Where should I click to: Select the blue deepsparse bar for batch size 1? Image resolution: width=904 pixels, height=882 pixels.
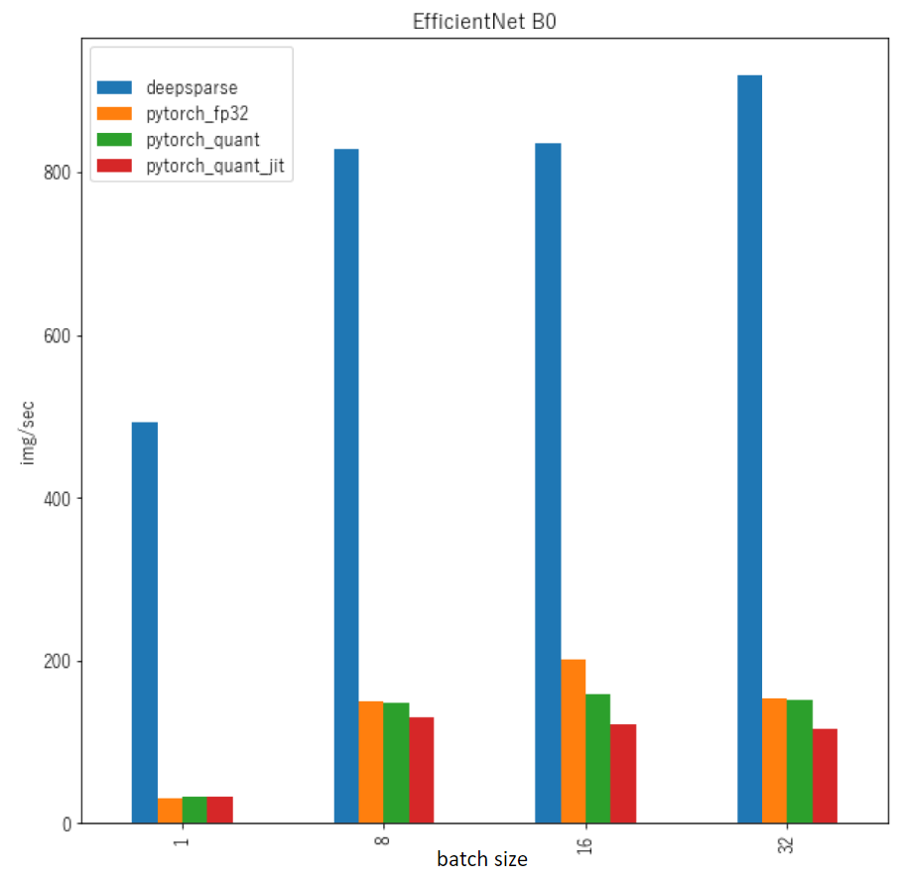[145, 622]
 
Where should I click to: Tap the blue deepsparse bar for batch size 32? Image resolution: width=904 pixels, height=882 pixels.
[749, 448]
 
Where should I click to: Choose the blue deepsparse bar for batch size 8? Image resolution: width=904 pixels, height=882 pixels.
[346, 486]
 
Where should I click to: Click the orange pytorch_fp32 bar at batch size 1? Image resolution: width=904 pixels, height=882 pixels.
[170, 811]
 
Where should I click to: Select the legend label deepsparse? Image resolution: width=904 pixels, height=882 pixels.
[192, 87]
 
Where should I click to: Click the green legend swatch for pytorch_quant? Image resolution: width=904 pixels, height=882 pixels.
[115, 140]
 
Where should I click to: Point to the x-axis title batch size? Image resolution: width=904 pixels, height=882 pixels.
[482, 859]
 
